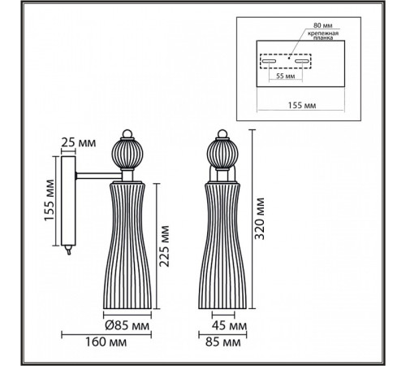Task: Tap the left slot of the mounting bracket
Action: [x=267, y=60]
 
